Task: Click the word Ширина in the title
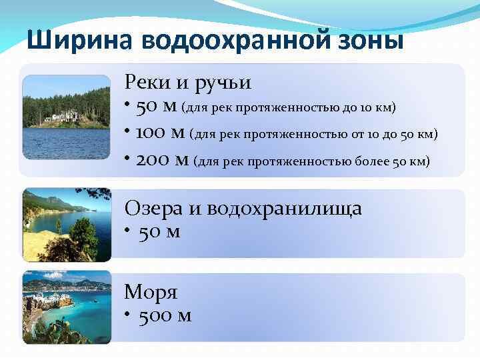(79, 40)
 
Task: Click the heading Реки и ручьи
(187, 83)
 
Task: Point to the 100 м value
(160, 133)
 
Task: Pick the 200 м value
(162, 160)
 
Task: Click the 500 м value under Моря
(165, 315)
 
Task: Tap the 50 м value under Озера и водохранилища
(159, 233)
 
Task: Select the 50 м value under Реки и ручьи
(157, 107)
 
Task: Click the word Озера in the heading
(153, 208)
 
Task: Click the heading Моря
(151, 291)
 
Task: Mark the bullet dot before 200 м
(127, 158)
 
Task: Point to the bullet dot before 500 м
(127, 314)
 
